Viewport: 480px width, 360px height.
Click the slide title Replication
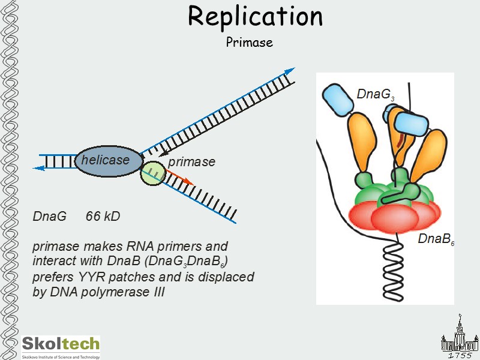pos(255,17)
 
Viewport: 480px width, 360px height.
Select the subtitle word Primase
pos(249,43)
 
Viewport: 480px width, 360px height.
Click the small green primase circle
pos(152,173)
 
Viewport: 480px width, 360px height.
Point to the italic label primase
pos(191,162)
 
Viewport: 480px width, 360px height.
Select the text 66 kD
pos(103,216)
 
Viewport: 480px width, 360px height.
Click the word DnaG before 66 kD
pos(49,216)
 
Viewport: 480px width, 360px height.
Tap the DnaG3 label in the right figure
pos(375,95)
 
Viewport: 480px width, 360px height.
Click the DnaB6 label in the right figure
pos(436,240)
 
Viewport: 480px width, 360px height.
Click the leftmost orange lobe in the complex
pos(360,144)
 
